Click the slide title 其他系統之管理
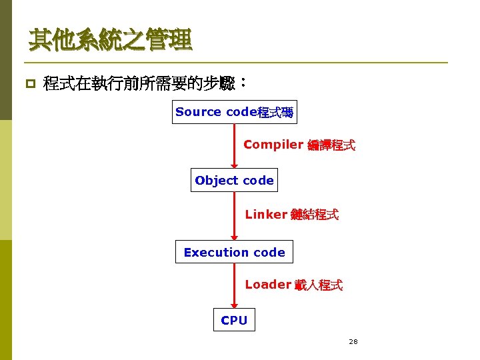click(110, 41)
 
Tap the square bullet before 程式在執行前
click(29, 85)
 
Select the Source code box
click(234, 112)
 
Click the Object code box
click(234, 181)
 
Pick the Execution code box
click(234, 253)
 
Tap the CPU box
click(234, 321)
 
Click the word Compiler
click(273, 145)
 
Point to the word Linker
click(266, 215)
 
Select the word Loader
click(268, 285)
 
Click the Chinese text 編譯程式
click(331, 145)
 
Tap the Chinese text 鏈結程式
click(315, 215)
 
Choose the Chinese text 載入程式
click(319, 285)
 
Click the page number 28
click(353, 341)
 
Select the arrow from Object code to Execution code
click(234, 216)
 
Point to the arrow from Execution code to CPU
click(234, 286)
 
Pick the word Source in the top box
click(198, 112)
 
